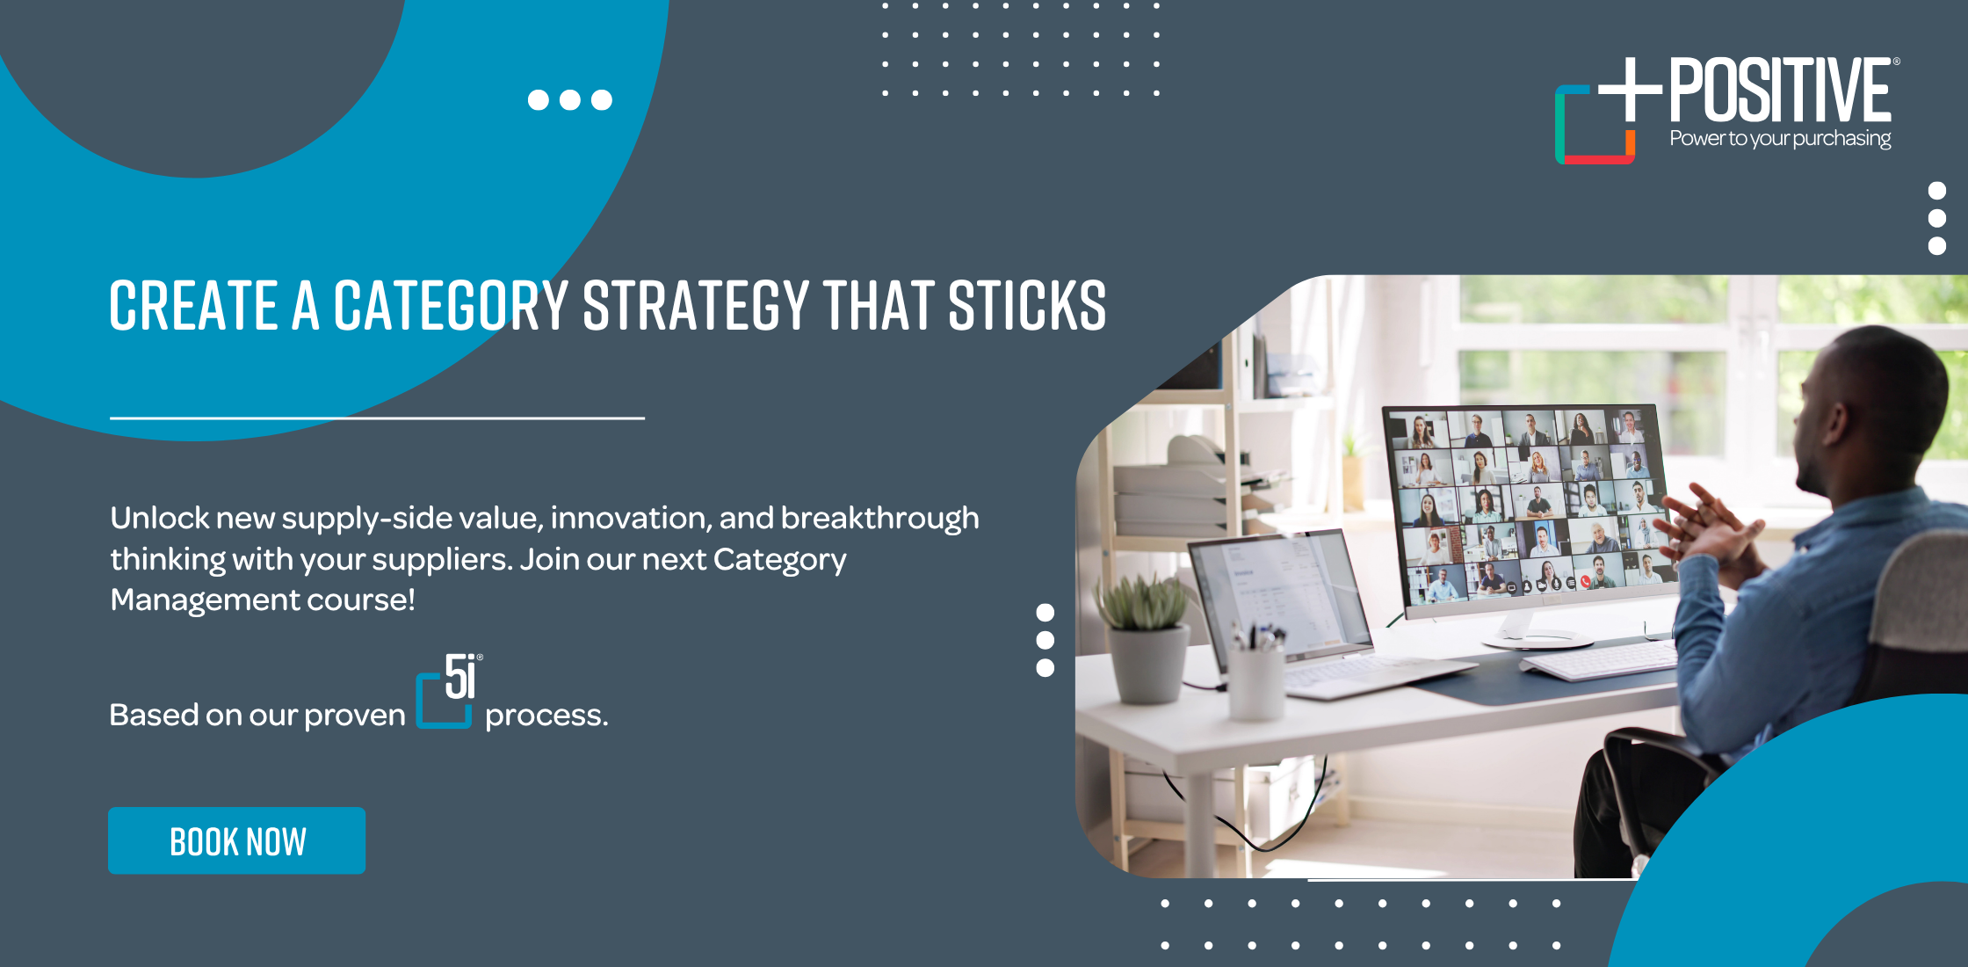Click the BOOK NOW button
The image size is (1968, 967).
point(236,840)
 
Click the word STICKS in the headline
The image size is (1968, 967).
point(1027,306)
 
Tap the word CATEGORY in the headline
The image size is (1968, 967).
point(452,306)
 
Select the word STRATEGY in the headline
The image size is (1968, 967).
point(696,306)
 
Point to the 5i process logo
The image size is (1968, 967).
point(449,691)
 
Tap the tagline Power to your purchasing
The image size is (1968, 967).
point(1780,139)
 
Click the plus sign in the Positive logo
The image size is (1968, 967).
point(1630,89)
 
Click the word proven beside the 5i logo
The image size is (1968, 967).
point(355,716)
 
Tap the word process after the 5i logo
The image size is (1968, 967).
point(546,716)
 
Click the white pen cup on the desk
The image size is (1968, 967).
point(1256,681)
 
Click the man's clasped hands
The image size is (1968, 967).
point(1709,527)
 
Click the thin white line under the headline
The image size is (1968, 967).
point(377,418)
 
